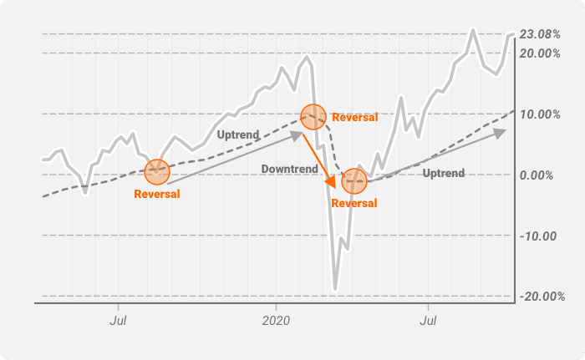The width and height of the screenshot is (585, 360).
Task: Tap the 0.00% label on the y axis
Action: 537,175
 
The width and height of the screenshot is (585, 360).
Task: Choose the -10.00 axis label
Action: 538,236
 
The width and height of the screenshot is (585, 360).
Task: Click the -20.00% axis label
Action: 540,297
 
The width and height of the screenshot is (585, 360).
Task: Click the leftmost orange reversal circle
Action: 156,172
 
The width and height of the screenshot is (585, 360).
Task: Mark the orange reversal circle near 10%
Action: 313,117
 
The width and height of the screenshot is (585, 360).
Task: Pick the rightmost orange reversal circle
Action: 354,180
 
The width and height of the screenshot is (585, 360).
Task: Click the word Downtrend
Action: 289,169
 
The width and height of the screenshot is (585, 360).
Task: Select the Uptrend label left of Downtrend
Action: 238,134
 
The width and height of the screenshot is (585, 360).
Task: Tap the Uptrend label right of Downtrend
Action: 444,173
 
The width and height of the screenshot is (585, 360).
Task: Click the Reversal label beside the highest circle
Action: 354,118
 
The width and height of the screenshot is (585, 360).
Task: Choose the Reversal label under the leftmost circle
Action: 156,195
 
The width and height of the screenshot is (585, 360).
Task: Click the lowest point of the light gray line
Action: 335,290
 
